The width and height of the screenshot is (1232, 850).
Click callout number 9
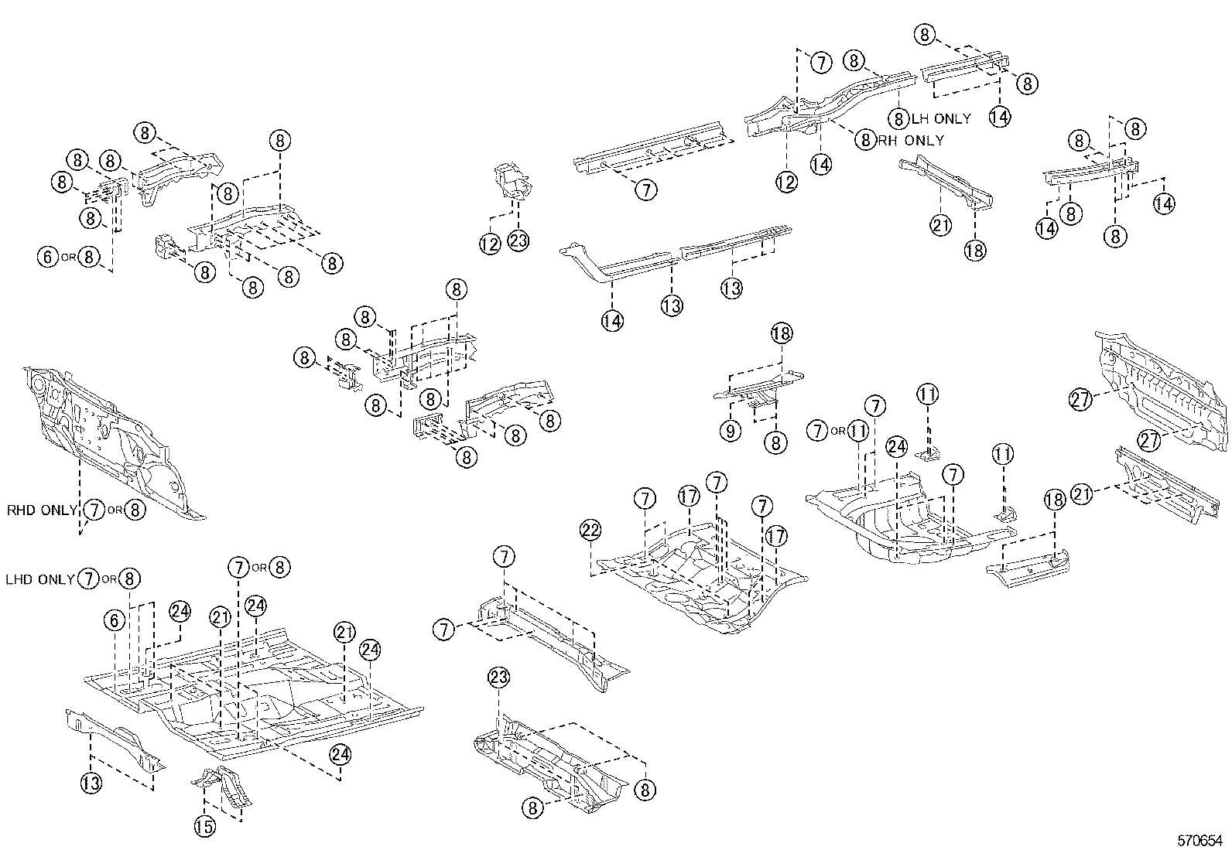tap(731, 431)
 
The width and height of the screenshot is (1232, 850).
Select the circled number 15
tap(204, 827)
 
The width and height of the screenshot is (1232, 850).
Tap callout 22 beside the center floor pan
tap(591, 531)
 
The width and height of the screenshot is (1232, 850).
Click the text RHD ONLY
tap(43, 510)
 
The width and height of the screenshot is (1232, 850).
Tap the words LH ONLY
tap(940, 119)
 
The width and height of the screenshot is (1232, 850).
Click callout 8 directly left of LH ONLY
tap(898, 119)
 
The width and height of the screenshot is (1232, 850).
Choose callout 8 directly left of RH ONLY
tap(865, 139)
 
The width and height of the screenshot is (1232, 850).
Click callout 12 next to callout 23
tap(489, 244)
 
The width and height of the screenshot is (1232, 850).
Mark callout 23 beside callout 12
tap(518, 241)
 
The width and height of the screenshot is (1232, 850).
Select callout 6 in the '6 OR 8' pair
tap(48, 256)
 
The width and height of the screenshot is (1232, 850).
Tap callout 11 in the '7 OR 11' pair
tap(857, 431)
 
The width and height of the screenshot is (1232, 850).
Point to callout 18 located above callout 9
tap(782, 333)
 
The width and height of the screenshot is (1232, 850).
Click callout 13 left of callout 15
tap(91, 783)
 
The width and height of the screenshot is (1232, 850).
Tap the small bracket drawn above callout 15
tap(223, 785)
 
